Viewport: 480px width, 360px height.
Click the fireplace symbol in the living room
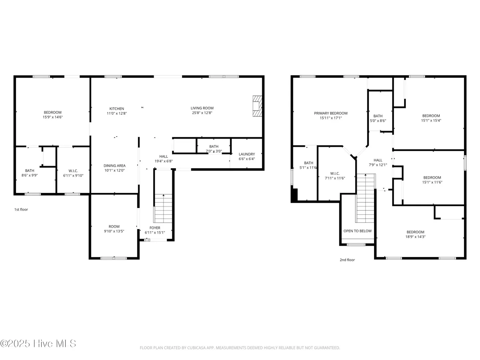(257, 106)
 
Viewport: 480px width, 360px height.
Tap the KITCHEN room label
(117, 109)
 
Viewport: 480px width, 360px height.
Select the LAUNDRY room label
(247, 154)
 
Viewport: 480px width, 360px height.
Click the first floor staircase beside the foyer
(163, 208)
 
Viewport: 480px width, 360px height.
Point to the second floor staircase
(366, 198)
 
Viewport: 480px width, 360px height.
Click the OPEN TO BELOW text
(357, 231)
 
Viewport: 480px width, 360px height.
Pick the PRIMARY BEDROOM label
(331, 113)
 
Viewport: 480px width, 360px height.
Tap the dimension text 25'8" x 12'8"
(202, 113)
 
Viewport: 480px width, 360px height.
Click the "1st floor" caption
(21, 209)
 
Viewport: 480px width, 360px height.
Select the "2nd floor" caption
(347, 260)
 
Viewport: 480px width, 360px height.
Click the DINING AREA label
(114, 166)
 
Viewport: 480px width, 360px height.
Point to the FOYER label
(155, 228)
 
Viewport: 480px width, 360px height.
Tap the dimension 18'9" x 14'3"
(415, 237)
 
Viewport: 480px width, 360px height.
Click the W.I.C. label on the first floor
(73, 171)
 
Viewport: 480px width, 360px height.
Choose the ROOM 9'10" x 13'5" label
(114, 229)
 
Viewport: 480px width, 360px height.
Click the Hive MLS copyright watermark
(38, 343)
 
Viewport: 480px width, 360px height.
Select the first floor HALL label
(164, 157)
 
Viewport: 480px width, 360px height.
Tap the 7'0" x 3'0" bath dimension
(214, 151)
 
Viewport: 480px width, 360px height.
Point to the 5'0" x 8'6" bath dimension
(378, 121)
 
